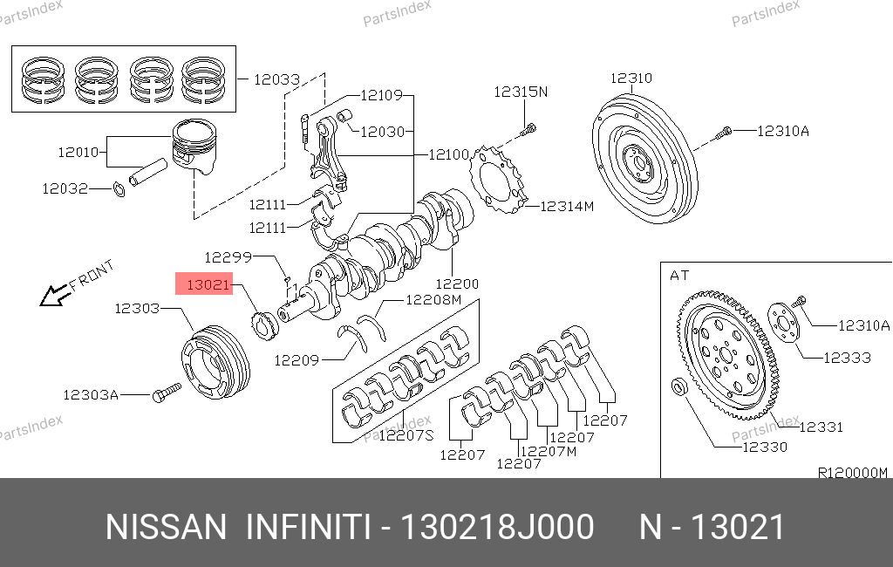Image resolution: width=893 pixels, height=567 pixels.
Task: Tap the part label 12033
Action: click(276, 79)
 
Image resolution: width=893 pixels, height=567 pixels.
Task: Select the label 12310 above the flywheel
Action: click(631, 78)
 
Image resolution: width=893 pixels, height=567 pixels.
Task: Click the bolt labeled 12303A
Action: click(163, 395)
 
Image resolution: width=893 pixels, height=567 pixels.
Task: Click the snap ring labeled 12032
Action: click(119, 188)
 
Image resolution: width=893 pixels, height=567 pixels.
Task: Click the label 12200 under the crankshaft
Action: click(456, 283)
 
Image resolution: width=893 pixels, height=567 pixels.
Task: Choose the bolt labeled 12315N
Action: click(527, 132)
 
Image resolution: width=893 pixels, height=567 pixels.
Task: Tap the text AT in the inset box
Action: click(679, 276)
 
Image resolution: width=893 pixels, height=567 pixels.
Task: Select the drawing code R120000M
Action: click(851, 473)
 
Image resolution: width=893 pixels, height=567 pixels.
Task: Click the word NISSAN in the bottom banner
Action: click(165, 528)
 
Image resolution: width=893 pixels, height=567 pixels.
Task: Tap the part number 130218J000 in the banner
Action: click(496, 528)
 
